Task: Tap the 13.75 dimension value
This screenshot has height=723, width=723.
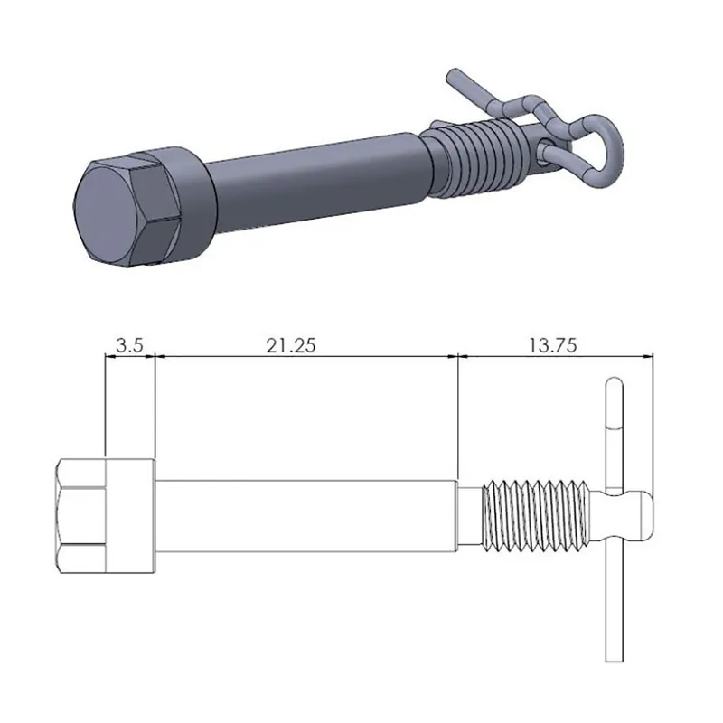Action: point(552,344)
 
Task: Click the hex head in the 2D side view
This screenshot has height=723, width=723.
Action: point(81,515)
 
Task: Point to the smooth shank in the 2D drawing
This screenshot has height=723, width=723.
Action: point(307,515)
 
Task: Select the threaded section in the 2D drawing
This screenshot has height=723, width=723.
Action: point(533,515)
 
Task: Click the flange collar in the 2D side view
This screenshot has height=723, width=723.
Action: point(131,515)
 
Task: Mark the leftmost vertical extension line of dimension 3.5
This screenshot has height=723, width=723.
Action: point(106,407)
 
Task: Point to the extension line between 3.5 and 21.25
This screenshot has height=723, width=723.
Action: point(155,407)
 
